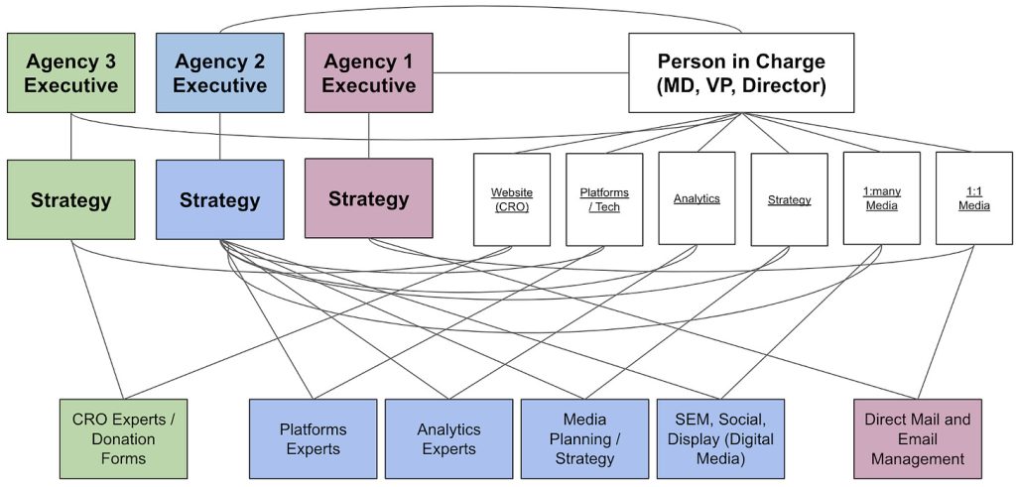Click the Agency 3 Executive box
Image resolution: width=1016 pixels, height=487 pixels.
coord(70,72)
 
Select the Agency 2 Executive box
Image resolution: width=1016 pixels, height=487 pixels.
coord(219,72)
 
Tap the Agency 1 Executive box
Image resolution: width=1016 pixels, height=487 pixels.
coord(368,72)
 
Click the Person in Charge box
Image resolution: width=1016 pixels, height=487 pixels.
coord(741,72)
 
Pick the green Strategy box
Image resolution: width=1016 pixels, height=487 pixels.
coord(70,199)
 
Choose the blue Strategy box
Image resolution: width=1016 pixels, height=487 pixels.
coord(219,199)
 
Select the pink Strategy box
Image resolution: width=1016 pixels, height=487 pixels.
coord(368,198)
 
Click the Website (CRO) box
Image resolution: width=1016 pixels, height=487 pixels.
coord(512,198)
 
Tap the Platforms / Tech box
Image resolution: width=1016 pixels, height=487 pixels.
coord(604,198)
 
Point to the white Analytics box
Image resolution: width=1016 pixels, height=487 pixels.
coord(697,198)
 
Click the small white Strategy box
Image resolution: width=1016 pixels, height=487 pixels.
coord(789,198)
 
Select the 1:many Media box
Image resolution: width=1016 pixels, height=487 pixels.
coord(881,198)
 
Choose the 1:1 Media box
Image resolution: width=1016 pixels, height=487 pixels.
coord(973,198)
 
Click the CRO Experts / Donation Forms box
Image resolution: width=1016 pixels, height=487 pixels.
coord(123,438)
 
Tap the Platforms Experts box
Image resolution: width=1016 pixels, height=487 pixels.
coord(313,438)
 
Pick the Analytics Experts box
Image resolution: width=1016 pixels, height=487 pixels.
coord(448,438)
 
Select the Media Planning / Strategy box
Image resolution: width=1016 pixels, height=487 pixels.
coord(584,438)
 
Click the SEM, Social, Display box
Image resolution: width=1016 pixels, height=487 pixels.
coord(720,438)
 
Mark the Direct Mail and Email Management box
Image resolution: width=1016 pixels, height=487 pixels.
coord(918,438)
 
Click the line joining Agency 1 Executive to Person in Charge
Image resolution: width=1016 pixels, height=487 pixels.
coord(531,72)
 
